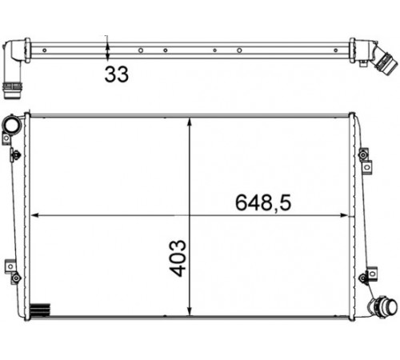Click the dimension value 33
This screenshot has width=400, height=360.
point(117,74)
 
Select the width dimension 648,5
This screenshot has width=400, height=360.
point(263,203)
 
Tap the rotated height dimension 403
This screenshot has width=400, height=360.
point(178,258)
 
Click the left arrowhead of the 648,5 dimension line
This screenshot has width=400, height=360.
point(35,215)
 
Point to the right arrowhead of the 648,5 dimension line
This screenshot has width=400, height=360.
point(345,215)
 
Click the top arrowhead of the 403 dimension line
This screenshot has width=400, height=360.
point(190,122)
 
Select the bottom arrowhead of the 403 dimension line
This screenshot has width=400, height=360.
point(190,311)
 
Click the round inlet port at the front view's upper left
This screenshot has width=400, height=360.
point(12,125)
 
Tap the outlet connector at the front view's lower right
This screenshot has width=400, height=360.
point(383,306)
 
